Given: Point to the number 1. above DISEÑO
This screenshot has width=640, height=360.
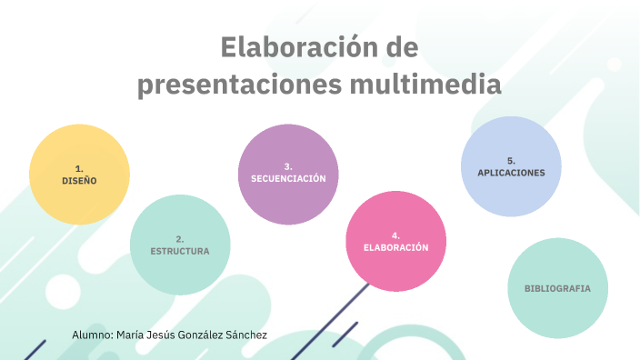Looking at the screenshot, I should (79, 168).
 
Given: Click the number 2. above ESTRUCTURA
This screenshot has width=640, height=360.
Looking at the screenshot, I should (180, 238).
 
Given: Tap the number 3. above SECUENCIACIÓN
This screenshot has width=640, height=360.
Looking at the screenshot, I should (288, 166).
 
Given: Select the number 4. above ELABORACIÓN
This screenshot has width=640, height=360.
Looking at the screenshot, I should (395, 235).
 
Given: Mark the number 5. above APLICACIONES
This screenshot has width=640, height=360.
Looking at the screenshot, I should (511, 160).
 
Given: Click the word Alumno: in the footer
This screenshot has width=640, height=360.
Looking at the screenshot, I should (91, 335).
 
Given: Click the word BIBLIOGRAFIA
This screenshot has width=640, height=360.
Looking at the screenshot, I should (557, 288).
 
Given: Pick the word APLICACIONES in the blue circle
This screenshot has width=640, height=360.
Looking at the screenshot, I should (511, 173).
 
